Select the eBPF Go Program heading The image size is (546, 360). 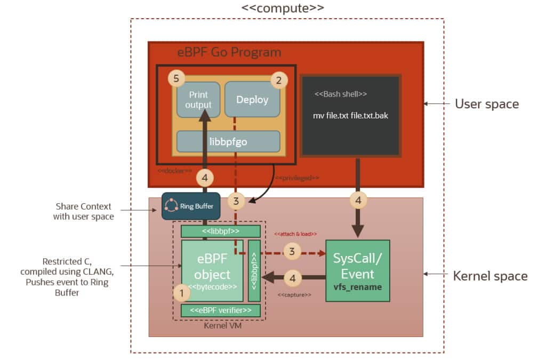(229, 52)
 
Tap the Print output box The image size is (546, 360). (198, 100)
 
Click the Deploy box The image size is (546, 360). (252, 100)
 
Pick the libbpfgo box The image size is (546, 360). (228, 141)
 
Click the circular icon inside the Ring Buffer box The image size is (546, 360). (171, 206)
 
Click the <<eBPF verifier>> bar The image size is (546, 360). (220, 310)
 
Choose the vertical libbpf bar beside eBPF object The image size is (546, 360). (254, 271)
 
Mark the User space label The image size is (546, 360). (486, 103)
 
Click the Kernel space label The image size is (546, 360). (490, 276)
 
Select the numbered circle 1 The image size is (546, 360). (182, 292)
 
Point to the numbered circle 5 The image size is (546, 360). (176, 79)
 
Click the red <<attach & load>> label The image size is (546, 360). (295, 234)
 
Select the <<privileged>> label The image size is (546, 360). (296, 177)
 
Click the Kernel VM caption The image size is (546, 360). (219, 325)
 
